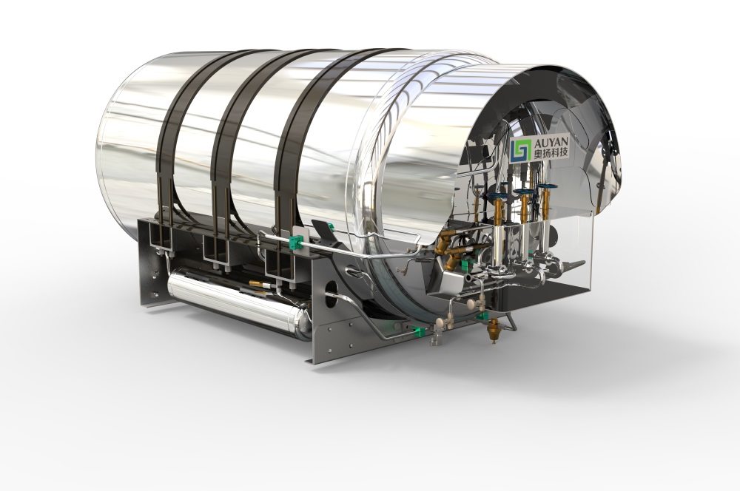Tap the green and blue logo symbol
tap(520, 148)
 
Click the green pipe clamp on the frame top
tap(295, 240)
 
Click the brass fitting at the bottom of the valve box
tap(490, 333)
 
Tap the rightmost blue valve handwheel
tap(547, 189)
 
